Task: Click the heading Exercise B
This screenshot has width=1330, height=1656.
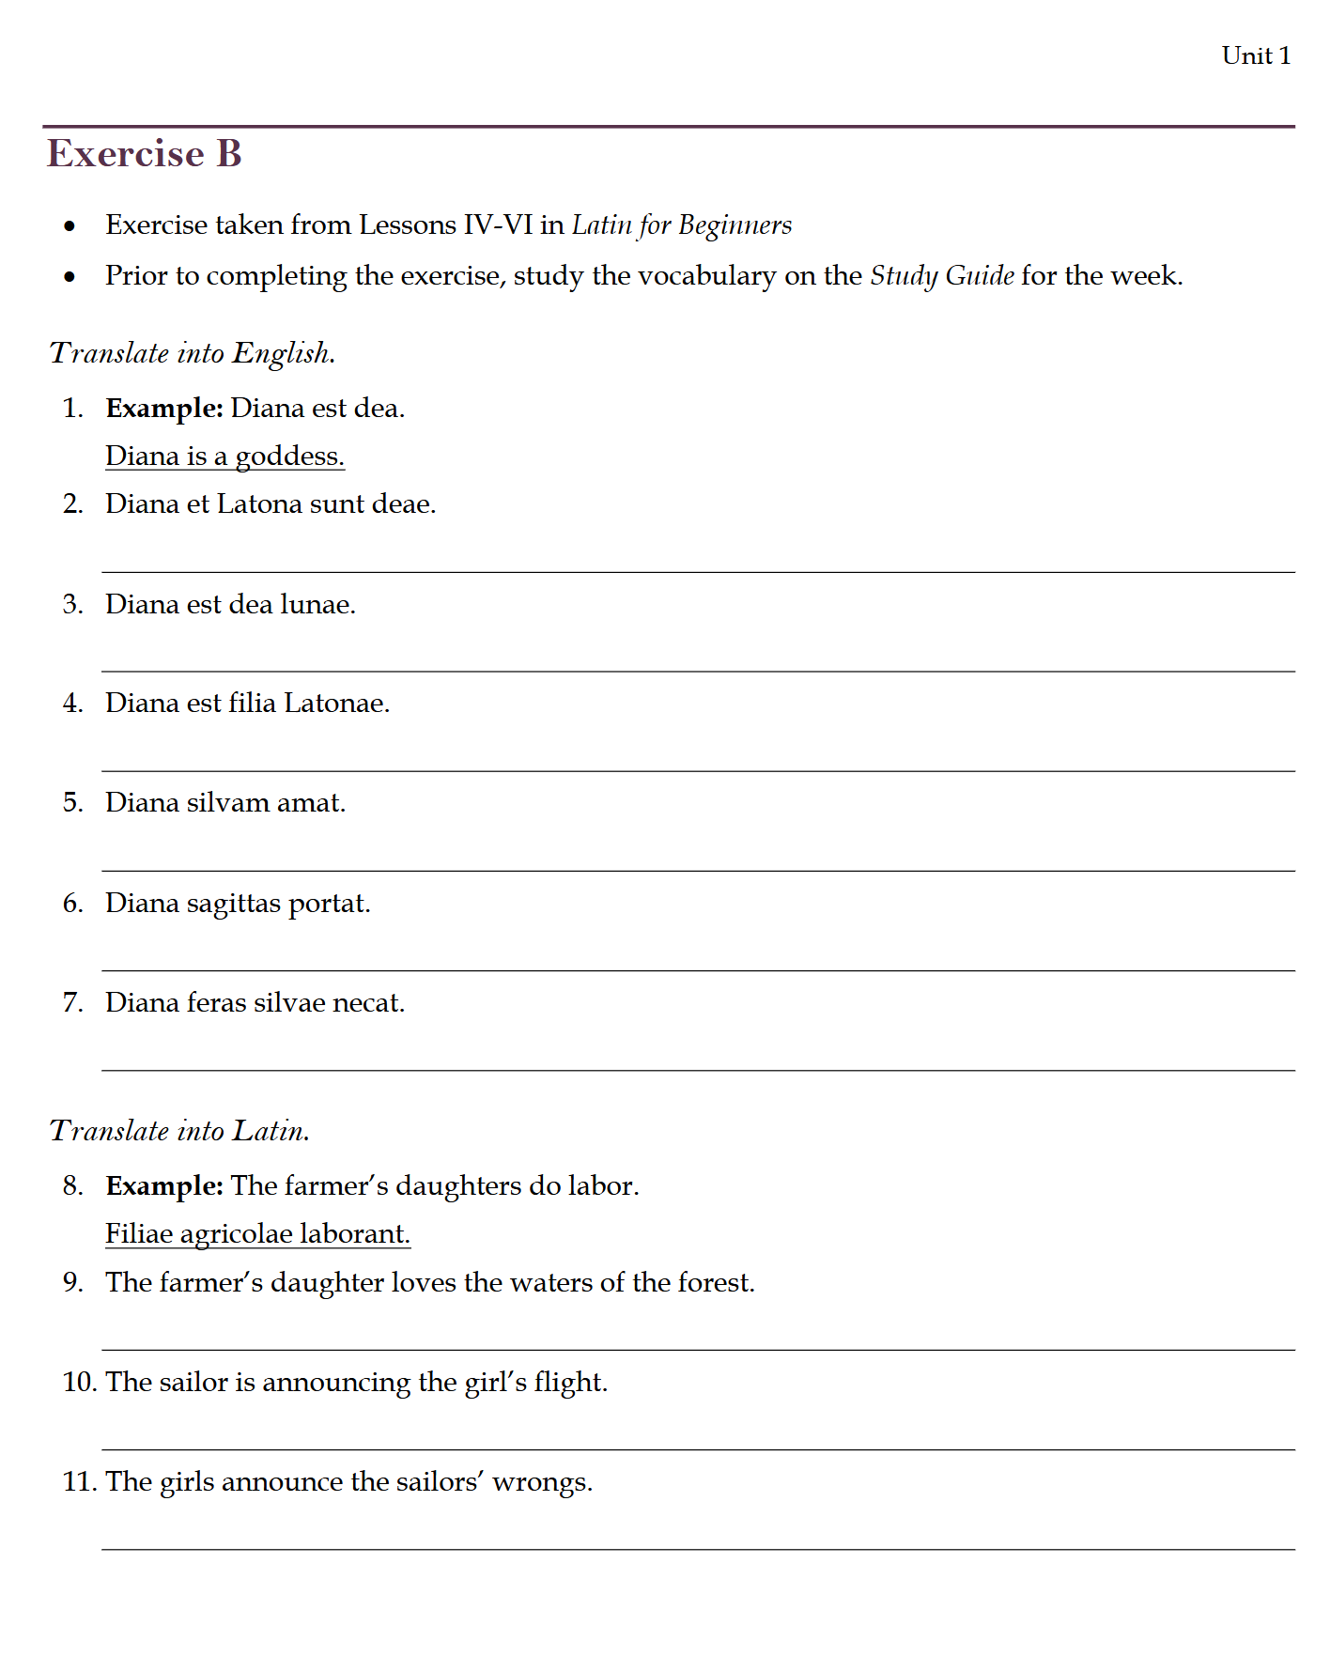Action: pos(145,154)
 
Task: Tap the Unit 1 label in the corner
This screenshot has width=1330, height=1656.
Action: pos(1256,56)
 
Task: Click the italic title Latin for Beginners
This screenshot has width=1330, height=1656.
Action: pos(681,225)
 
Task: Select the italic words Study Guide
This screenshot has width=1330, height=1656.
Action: pos(941,276)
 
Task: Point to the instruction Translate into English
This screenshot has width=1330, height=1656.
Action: pos(193,353)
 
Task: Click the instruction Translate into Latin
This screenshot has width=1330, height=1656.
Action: pos(179,1131)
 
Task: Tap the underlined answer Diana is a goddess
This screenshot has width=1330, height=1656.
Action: pos(224,457)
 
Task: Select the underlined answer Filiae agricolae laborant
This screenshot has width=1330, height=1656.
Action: pos(257,1234)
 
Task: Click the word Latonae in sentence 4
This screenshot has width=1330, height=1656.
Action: pos(335,704)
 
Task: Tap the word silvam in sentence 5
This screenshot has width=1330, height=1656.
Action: pos(227,803)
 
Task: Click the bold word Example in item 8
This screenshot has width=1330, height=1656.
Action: pos(163,1186)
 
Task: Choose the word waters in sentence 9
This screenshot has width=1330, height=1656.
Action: pos(550,1283)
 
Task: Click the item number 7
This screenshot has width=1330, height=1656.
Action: pos(72,1003)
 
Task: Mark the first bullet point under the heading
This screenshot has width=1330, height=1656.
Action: pos(70,226)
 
